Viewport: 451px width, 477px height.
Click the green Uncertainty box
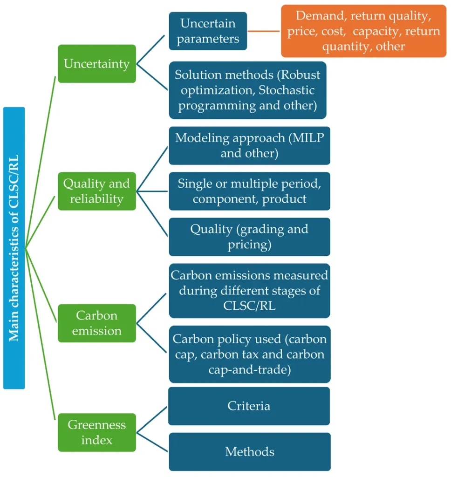[97, 63]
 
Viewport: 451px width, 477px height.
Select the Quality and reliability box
[97, 191]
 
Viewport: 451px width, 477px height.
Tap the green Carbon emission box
[97, 323]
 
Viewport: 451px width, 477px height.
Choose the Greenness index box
[97, 432]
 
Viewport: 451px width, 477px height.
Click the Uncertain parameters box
[208, 31]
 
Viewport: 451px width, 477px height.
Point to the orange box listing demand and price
[364, 31]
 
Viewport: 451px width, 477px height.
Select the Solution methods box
[248, 90]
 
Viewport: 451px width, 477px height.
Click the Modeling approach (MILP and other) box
[250, 145]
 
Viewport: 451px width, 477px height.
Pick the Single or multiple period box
[250, 191]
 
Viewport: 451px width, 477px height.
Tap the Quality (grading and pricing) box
[250, 237]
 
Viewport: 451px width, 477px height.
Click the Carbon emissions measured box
[250, 291]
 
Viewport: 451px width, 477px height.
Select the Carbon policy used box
[250, 354]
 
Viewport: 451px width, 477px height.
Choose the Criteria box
[249, 406]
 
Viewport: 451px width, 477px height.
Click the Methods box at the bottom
[250, 452]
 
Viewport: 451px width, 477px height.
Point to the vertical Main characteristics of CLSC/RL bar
[14, 248]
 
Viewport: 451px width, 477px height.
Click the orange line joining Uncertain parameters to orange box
[264, 31]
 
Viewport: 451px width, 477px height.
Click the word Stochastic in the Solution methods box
[287, 90]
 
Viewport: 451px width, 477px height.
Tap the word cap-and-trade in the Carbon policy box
[250, 369]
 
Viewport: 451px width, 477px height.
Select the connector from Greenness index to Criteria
[151, 420]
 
